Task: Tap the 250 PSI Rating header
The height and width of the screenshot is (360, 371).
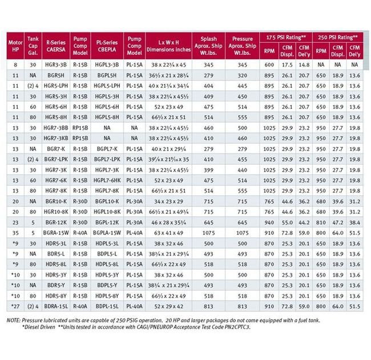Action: click(x=339, y=37)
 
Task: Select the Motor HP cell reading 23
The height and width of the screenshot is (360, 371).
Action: click(x=14, y=222)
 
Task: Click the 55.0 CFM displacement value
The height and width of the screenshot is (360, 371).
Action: click(x=287, y=222)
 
